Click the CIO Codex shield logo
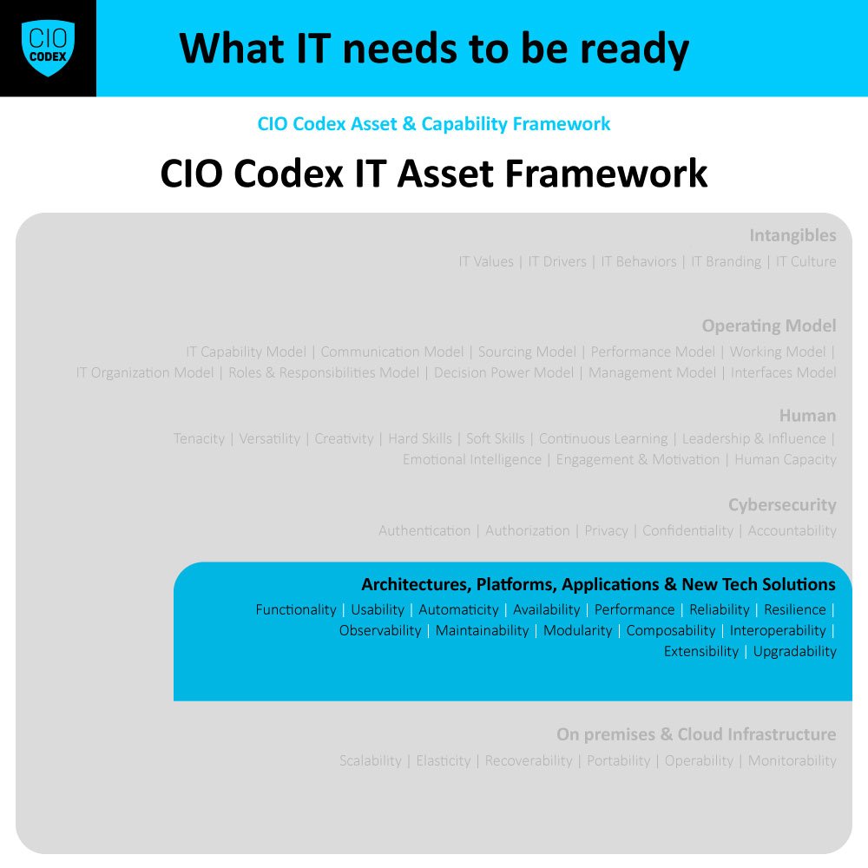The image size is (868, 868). [x=48, y=48]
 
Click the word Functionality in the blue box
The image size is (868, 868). [x=295, y=610]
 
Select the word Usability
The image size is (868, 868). [x=378, y=610]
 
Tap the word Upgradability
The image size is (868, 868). [x=794, y=652]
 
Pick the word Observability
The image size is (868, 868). [x=380, y=631]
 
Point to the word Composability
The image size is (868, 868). [x=671, y=631]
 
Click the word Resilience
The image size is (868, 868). [x=795, y=610]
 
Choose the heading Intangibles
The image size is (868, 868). [x=792, y=236]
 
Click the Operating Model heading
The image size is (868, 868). [x=769, y=326]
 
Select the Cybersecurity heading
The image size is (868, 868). [x=782, y=505]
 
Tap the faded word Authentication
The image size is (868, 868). [x=424, y=531]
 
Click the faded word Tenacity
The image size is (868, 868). [x=199, y=439]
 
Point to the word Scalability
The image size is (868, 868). [x=371, y=761]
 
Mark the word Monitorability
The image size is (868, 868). [x=792, y=761]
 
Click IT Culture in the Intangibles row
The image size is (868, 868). [x=806, y=262]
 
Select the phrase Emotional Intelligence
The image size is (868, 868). [x=471, y=460]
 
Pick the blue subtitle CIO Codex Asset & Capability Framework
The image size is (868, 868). [x=434, y=124]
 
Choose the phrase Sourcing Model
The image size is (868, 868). [x=527, y=352]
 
